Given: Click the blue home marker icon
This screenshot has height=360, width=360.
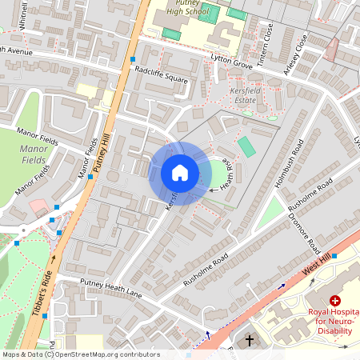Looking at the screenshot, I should [180, 173].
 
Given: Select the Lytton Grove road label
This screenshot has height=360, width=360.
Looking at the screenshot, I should [231, 62].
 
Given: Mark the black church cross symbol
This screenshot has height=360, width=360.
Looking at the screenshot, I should [249, 341].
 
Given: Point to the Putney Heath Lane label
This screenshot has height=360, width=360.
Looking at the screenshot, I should [110, 289].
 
